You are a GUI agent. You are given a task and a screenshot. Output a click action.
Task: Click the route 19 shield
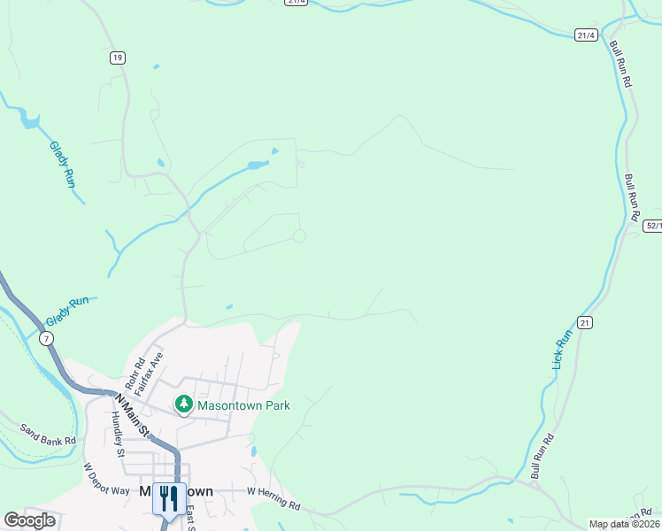pos(118,58)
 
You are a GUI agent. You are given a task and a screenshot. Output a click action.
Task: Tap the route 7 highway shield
pos(46,338)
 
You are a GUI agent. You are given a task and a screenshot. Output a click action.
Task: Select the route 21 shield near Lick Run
pos(584,322)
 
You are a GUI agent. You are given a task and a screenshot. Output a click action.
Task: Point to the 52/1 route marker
pos(651,226)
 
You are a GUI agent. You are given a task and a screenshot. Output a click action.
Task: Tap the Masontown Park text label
pos(243,405)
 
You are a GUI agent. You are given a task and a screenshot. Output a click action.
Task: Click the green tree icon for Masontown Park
pos(183,405)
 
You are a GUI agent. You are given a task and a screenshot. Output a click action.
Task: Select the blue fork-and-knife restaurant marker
pos(169,497)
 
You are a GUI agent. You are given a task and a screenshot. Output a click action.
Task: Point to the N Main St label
pos(131,414)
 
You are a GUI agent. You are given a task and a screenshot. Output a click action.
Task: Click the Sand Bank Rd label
pos(48,434)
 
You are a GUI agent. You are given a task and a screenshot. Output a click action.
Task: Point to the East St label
pos(191,519)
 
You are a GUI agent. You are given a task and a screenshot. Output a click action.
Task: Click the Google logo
pos(29,519)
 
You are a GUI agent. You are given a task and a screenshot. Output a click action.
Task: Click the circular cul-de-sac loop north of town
pos(300,235)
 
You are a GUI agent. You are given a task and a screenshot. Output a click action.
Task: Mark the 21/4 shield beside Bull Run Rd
pos(586,35)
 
